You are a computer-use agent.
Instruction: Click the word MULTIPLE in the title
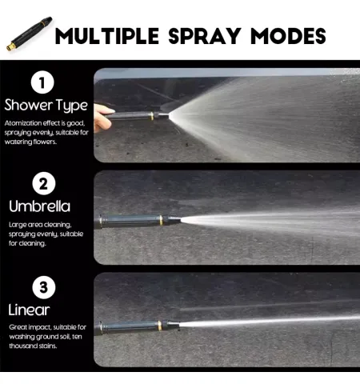pos(107,36)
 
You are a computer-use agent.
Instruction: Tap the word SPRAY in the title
pos(205,36)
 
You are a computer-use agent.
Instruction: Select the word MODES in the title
pos(288,36)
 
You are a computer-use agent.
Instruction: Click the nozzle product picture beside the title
pos(29,34)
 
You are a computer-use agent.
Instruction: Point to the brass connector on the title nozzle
pos(11,46)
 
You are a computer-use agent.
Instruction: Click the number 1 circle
pos(42,82)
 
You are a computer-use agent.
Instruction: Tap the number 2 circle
pos(44,184)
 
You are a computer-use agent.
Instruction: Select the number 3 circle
pos(44,287)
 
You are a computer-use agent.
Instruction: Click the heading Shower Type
pos(46,106)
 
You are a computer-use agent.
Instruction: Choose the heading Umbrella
pos(40,206)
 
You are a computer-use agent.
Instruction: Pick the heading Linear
pos(29,310)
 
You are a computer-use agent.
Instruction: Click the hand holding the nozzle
pos(103,118)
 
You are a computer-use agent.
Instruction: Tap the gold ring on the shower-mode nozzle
pos(152,116)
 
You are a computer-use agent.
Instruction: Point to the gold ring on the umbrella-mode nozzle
pos(161,220)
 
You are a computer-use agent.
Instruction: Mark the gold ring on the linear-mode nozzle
pos(159,326)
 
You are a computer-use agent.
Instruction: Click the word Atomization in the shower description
pos(23,123)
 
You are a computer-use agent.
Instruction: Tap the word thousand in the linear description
pos(23,346)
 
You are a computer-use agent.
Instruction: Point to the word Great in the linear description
pos(18,327)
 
